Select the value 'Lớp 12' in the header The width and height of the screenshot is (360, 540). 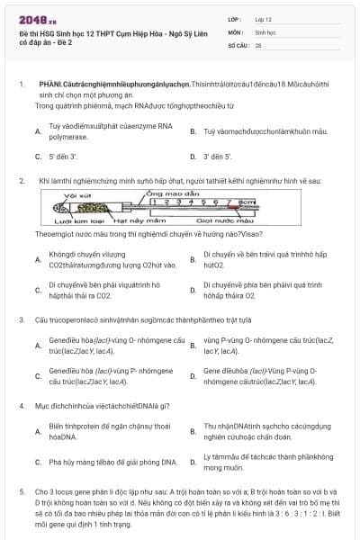point(265,18)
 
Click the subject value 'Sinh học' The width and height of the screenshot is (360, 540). point(267,31)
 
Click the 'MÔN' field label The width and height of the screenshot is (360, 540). point(236,31)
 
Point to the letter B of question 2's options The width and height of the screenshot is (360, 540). point(193,260)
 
